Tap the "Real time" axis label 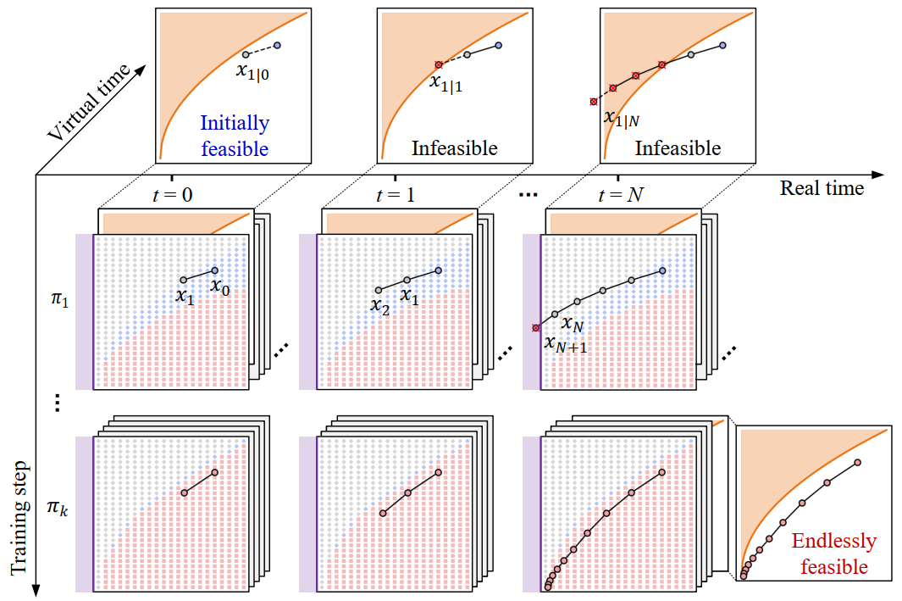[822, 188]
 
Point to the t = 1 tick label [394, 193]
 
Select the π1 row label [60, 301]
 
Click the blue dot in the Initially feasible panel [277, 45]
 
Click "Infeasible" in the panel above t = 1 [454, 148]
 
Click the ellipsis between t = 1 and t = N [528, 196]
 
